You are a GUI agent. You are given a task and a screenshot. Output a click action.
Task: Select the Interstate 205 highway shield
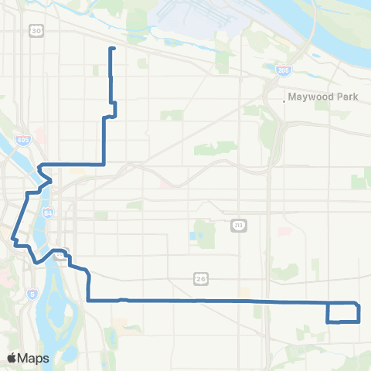point(282,70)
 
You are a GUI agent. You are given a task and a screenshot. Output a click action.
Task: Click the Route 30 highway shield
point(36,30)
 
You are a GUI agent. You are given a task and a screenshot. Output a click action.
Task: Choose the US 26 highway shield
point(199,277)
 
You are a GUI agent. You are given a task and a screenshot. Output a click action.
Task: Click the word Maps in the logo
point(33,358)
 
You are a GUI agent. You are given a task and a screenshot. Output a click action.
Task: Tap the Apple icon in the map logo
point(12,357)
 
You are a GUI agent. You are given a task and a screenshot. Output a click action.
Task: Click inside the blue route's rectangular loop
point(343,313)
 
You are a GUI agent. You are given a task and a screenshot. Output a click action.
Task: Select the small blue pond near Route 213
point(191,235)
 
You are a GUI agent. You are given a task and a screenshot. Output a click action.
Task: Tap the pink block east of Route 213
point(284,230)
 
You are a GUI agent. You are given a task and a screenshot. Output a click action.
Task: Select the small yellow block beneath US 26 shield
point(245,293)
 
